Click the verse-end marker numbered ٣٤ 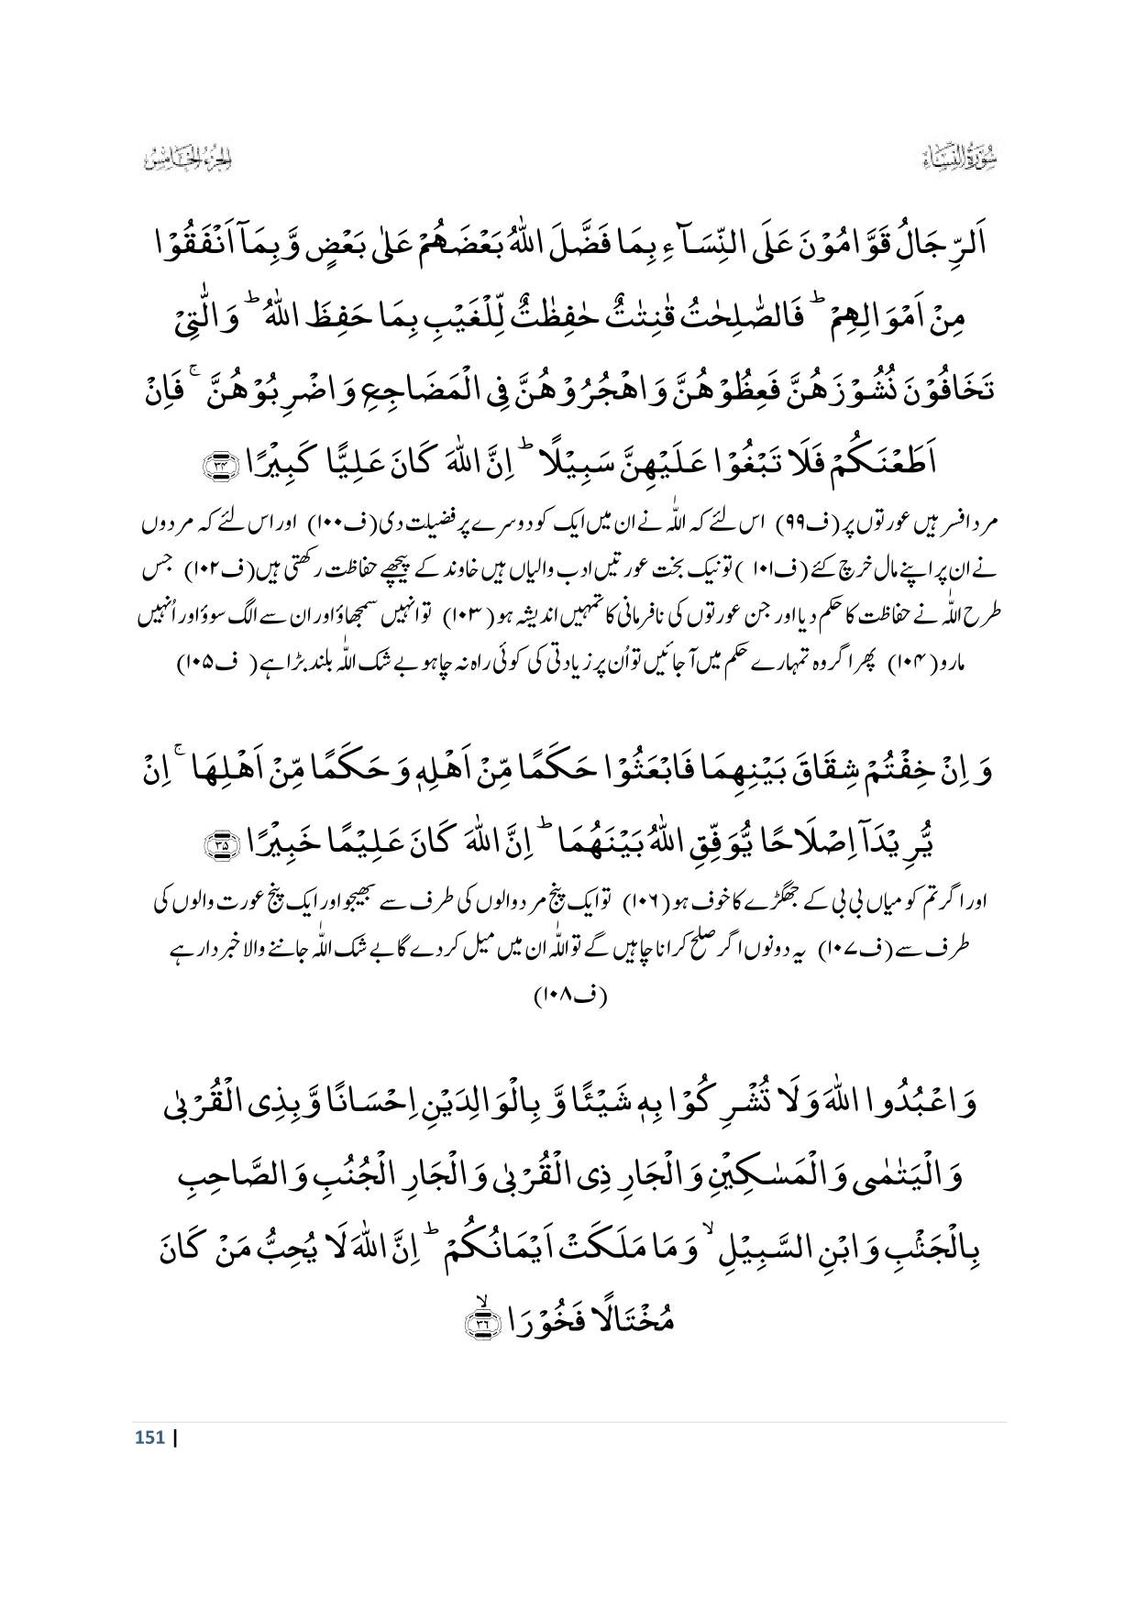[x=222, y=468]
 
